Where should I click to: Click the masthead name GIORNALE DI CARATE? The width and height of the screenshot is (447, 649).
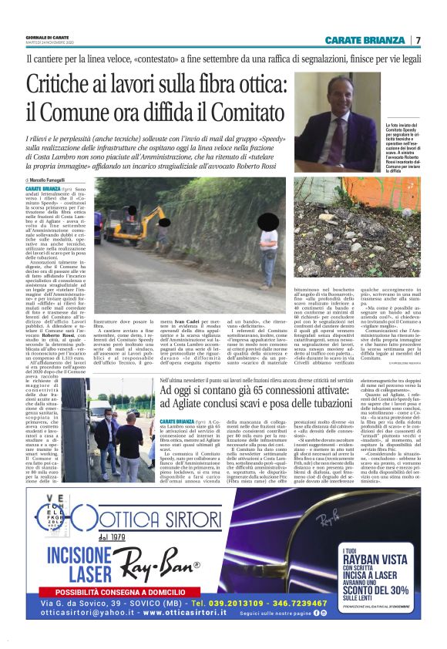point(50,37)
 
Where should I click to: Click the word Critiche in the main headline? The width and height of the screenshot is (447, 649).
point(67,84)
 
